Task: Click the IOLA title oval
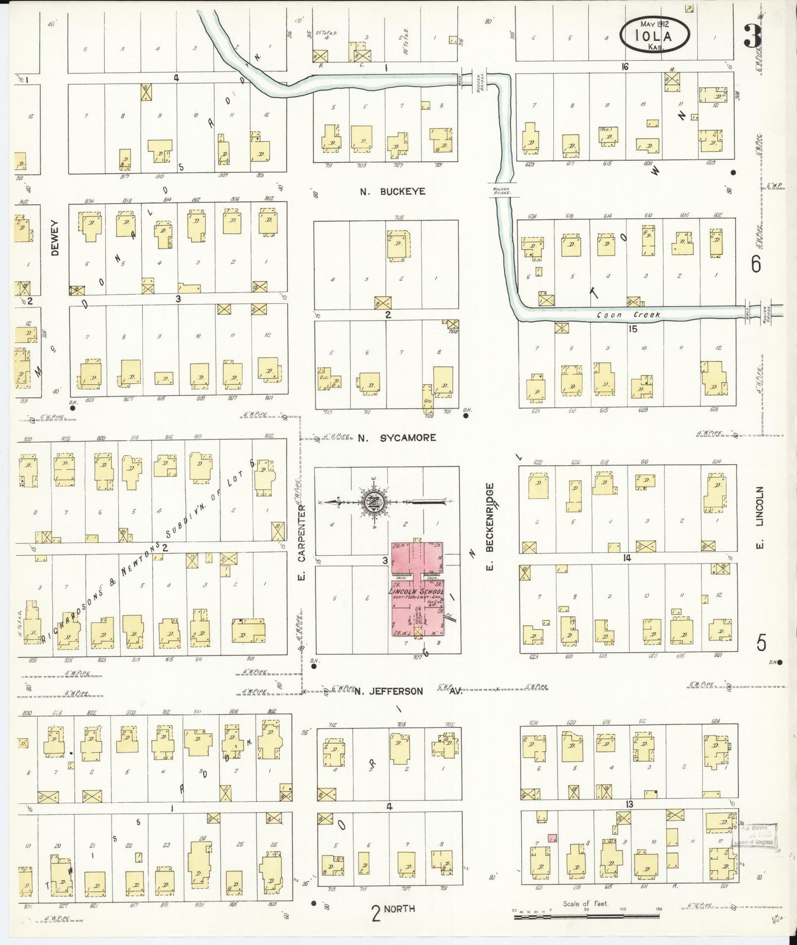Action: pyautogui.click(x=655, y=34)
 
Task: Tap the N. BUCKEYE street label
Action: pyautogui.click(x=393, y=192)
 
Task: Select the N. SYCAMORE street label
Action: pyautogui.click(x=397, y=438)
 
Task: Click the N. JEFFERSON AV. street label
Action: pyautogui.click(x=408, y=691)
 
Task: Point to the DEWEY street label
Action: pyautogui.click(x=54, y=238)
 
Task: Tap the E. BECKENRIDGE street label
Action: pyautogui.click(x=490, y=527)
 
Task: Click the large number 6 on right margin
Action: pyautogui.click(x=756, y=264)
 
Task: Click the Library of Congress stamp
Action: pyautogui.click(x=754, y=835)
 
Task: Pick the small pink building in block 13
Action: pyautogui.click(x=552, y=837)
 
